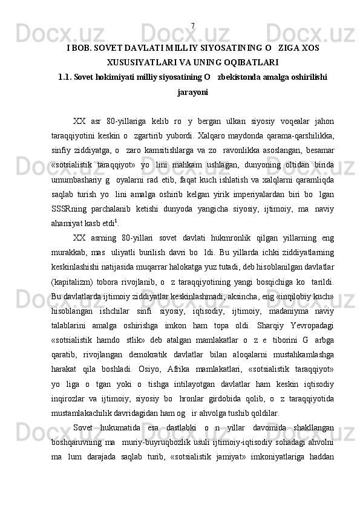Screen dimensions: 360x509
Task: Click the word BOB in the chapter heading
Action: tap(81, 47)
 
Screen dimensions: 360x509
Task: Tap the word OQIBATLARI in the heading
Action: tap(247, 62)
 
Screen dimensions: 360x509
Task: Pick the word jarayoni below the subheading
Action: tap(192, 92)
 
